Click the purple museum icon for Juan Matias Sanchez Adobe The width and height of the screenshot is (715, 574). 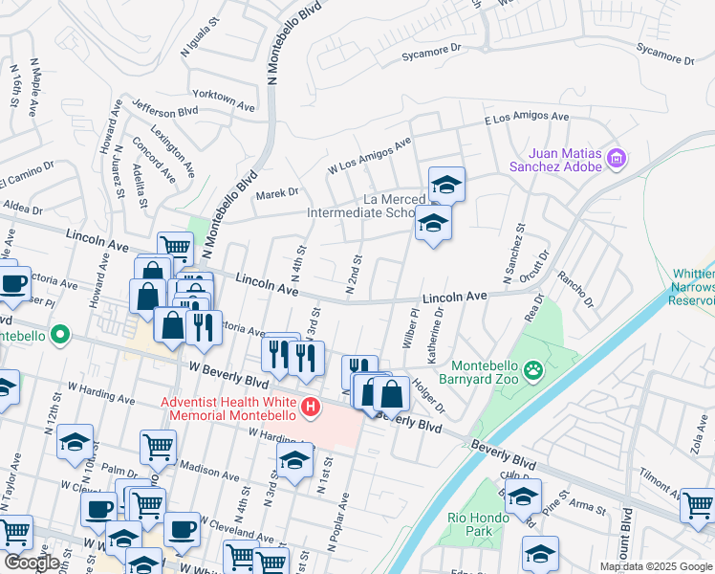617,158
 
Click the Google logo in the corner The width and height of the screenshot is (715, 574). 32,563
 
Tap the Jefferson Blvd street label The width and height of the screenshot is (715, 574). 165,110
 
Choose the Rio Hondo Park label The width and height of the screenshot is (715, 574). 476,523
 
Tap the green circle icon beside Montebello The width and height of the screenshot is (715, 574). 59,335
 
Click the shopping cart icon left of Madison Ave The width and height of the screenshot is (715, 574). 158,444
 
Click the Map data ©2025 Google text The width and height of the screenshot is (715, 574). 655,566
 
